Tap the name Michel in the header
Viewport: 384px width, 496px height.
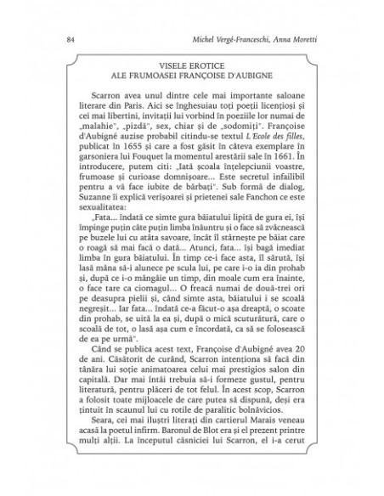click(x=206, y=40)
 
